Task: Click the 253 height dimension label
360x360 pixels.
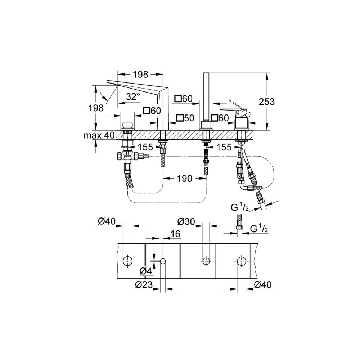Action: click(x=266, y=102)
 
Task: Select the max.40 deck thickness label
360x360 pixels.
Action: click(x=99, y=135)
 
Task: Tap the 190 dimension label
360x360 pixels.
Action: click(x=184, y=178)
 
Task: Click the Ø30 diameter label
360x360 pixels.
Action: click(x=186, y=221)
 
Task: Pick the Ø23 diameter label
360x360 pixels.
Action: click(x=144, y=285)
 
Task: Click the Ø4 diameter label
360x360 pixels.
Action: click(x=146, y=271)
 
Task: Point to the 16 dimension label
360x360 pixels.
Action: click(x=175, y=234)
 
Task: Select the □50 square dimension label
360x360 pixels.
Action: click(x=185, y=118)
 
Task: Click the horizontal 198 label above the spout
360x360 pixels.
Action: click(x=140, y=74)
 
